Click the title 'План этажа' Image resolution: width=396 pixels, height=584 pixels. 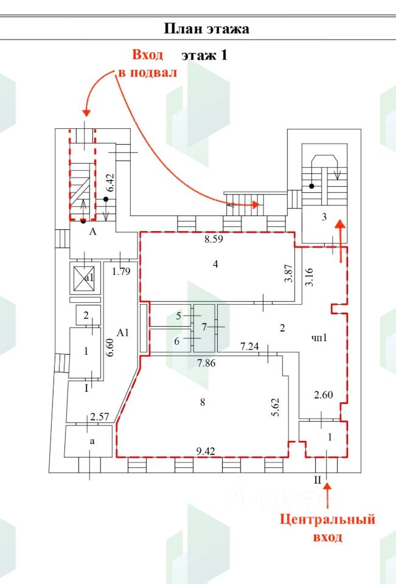tap(206, 29)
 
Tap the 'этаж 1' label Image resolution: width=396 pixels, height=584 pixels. tap(204, 55)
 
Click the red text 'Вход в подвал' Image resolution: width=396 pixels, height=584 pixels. tap(147, 64)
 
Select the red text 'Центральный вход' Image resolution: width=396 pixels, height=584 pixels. tap(327, 528)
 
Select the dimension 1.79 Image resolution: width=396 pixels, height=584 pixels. tap(121, 272)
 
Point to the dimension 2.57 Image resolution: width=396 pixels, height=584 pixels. tap(99, 417)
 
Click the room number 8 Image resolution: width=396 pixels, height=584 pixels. tap(203, 402)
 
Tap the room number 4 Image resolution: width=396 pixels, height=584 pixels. tap(215, 264)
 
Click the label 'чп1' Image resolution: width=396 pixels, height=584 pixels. tap(319, 338)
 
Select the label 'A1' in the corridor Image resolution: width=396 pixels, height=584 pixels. tap(123, 333)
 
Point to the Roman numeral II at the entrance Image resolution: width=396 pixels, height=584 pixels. tap(317, 480)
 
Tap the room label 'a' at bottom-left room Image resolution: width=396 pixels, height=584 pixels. tap(91, 442)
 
